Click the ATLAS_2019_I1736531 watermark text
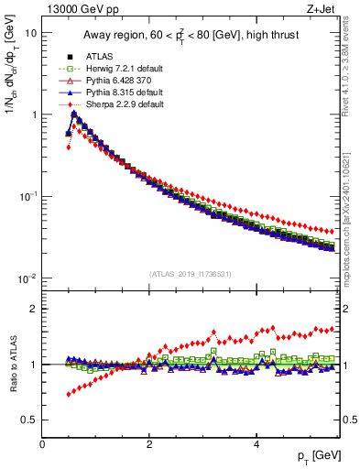coord(191,274)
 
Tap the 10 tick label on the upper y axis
coord(31,33)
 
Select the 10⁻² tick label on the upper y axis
coord(28,278)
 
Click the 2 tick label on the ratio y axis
coord(34,309)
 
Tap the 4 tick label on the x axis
coord(256,444)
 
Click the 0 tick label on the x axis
coord(42,444)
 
